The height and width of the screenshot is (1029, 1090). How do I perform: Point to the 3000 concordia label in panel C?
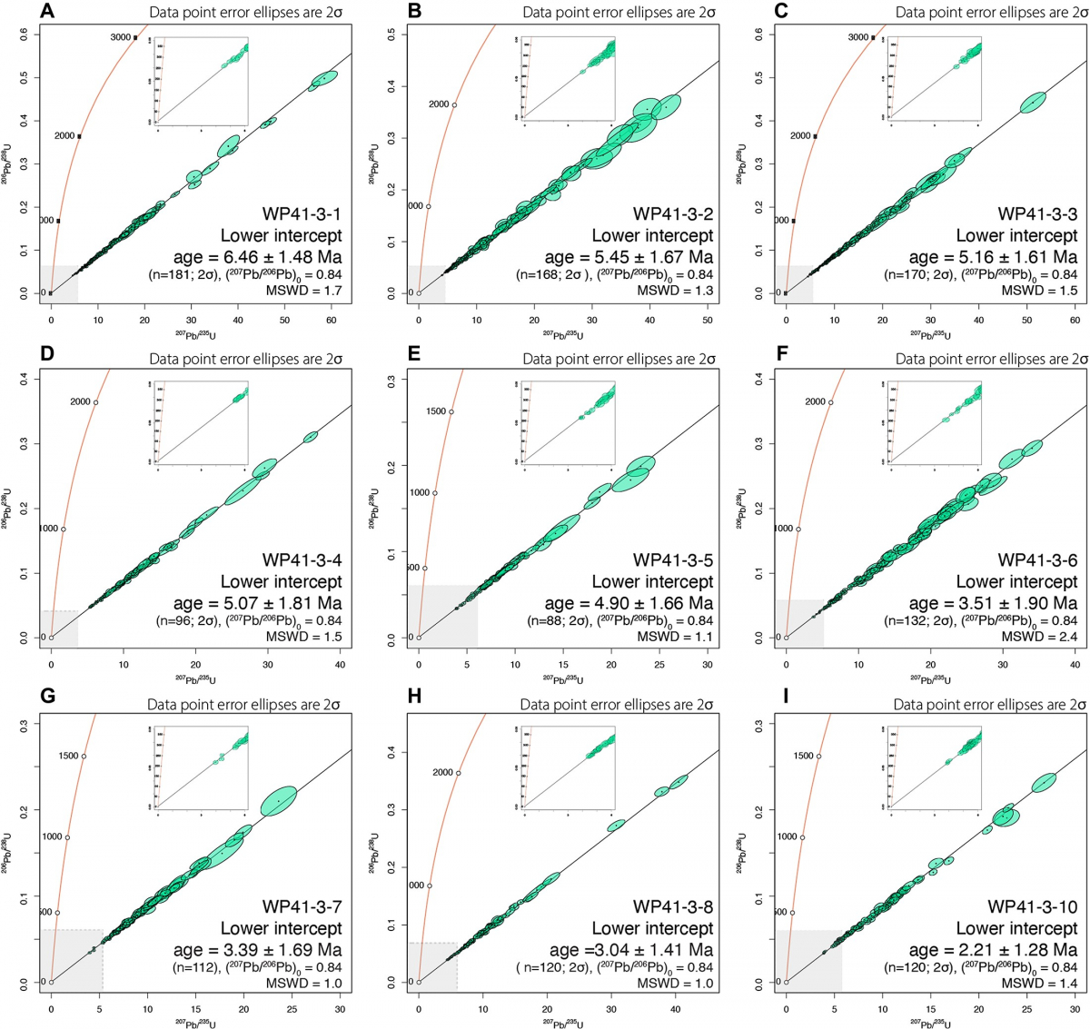click(x=858, y=38)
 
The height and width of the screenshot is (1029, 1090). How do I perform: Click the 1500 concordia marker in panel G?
click(x=84, y=757)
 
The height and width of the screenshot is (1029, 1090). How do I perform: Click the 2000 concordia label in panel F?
click(x=815, y=402)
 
